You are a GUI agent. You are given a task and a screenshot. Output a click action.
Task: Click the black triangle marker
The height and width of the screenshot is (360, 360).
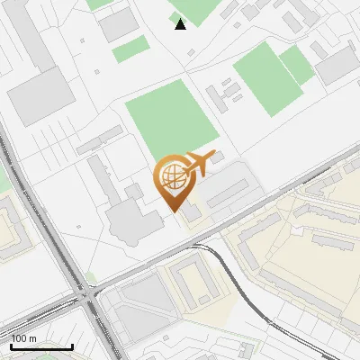(181, 24)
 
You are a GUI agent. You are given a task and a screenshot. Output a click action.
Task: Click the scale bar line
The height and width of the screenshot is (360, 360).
(41, 346)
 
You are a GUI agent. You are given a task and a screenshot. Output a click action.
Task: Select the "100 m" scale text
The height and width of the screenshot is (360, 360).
(24, 338)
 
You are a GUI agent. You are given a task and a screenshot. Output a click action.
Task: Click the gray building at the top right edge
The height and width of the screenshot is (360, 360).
(337, 64)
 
